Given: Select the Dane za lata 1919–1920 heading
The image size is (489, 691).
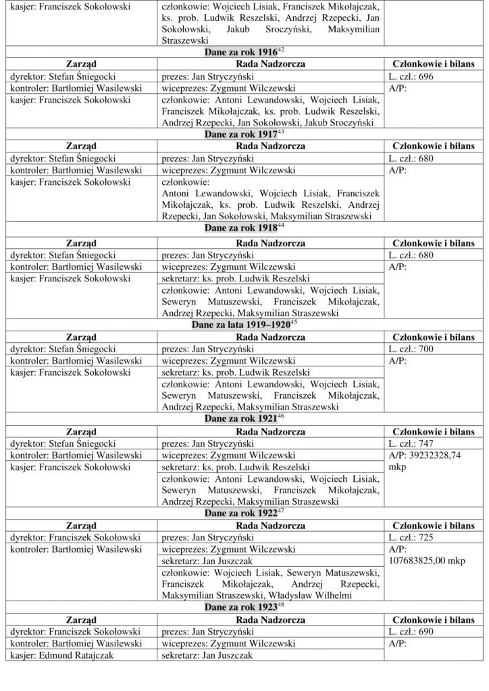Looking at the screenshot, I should tap(242, 325).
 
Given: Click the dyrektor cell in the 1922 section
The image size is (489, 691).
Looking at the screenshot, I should tap(75, 538).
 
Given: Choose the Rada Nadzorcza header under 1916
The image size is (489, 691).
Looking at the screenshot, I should tap(271, 64).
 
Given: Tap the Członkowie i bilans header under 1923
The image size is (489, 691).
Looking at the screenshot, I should tap(433, 620).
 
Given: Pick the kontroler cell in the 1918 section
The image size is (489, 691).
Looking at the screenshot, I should tap(75, 267).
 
